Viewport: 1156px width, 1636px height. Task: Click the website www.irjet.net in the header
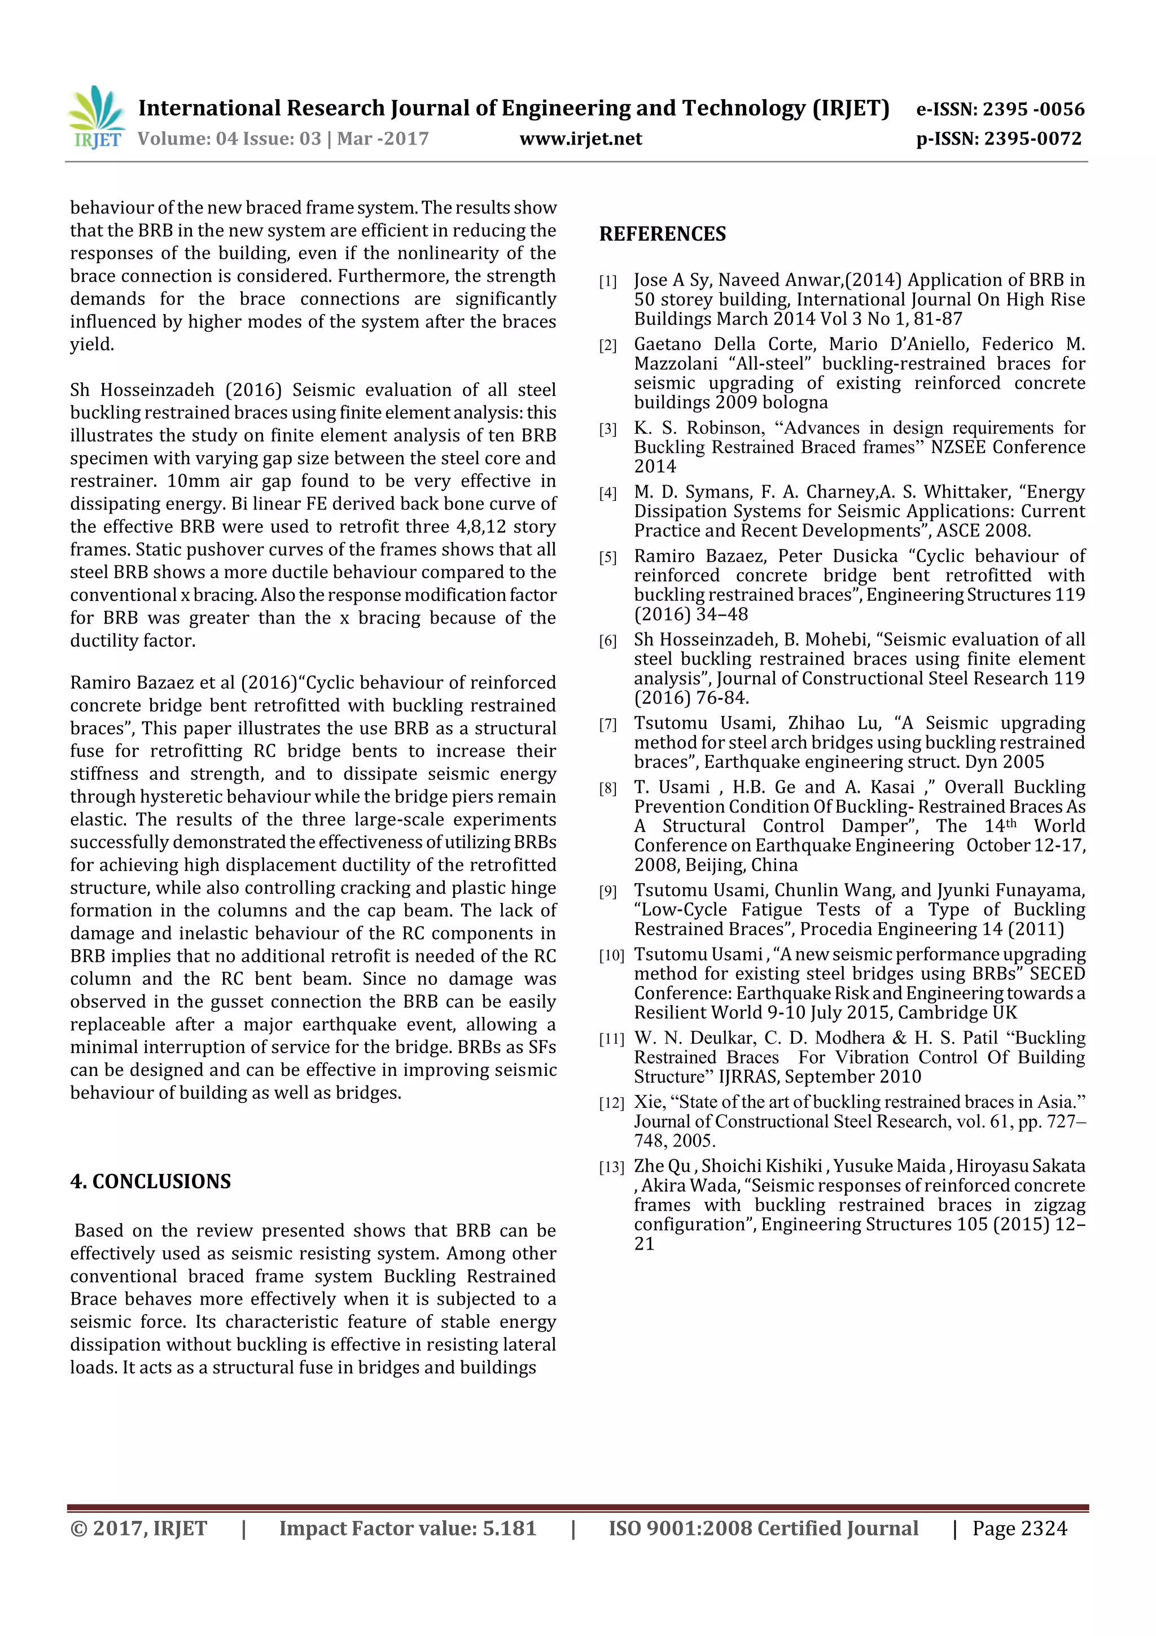(x=580, y=138)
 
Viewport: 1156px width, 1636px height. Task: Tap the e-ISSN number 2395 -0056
(x=1033, y=109)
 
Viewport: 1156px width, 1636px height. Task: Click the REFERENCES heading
(x=663, y=234)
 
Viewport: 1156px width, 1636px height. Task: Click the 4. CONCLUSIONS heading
(x=150, y=1181)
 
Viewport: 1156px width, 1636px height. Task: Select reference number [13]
(x=611, y=1167)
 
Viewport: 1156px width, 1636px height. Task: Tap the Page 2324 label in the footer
(x=1019, y=1528)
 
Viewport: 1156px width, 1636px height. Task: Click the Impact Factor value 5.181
(x=509, y=1528)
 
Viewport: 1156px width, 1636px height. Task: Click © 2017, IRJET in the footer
(x=138, y=1528)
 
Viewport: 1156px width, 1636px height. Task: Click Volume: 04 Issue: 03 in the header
(x=229, y=138)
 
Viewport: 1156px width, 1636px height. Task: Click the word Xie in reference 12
(x=648, y=1102)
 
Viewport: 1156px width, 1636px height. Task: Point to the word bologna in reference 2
(x=795, y=403)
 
